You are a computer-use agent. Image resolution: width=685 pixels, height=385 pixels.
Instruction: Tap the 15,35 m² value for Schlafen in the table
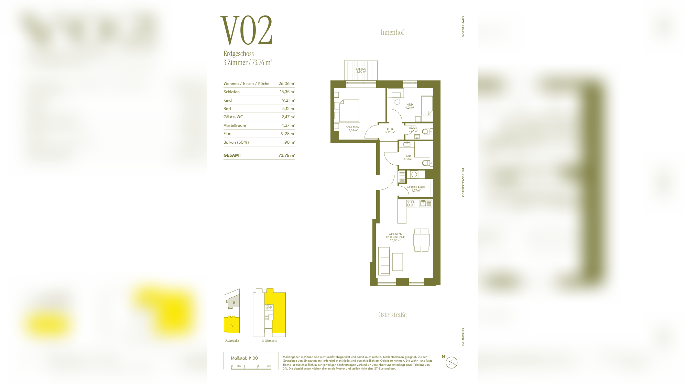[x=287, y=92]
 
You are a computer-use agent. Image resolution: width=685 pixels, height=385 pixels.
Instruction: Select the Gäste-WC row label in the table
[x=233, y=117]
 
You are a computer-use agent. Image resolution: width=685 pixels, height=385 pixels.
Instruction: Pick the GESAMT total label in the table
[x=232, y=155]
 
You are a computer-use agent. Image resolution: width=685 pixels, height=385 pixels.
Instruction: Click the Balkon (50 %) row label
[x=236, y=142]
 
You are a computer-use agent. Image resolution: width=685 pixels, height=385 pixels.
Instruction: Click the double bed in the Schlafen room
[x=349, y=111]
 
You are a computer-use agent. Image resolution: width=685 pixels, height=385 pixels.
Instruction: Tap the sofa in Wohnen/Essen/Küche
[x=384, y=261]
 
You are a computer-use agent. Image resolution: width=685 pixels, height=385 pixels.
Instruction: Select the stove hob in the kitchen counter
[x=410, y=203]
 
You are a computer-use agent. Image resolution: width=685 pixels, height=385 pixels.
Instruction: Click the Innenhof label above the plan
[x=392, y=32]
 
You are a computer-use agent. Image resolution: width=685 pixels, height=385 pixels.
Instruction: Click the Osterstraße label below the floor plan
[x=392, y=315]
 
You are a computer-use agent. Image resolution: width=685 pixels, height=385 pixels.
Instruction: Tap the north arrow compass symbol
[x=452, y=362]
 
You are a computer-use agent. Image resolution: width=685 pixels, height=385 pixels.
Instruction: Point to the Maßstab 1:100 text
[x=244, y=358]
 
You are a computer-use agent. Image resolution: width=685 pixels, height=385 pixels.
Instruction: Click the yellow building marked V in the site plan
[x=232, y=325]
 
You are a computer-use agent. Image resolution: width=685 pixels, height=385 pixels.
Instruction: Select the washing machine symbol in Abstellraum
[x=414, y=175]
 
